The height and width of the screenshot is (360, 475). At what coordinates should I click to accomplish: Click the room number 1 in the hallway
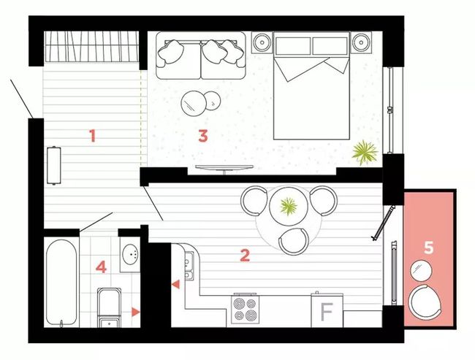pos(93,136)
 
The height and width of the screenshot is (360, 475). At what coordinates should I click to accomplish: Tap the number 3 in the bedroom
pos(203,136)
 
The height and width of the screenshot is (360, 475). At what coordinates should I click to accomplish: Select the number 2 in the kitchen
pos(245,256)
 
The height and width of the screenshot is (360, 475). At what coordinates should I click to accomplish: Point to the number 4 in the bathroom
pos(101,267)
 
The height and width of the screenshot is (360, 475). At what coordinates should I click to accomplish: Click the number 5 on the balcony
pos(428,248)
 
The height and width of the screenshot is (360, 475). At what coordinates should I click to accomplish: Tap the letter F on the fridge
pos(327,312)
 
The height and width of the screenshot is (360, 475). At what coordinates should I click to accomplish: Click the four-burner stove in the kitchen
pos(245,309)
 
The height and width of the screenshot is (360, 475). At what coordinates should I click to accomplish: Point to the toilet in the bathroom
pos(109,307)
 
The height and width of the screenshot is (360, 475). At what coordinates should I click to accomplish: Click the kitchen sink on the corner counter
pos(189,266)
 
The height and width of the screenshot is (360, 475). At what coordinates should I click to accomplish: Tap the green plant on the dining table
pos(289,207)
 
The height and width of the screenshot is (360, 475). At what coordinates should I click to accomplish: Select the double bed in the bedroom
pos(311,86)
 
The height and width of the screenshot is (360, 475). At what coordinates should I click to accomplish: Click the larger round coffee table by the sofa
pos(193,103)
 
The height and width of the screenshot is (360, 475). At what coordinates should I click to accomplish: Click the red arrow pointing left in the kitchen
pos(175,284)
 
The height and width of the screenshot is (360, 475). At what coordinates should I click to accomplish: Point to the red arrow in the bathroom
pos(135,312)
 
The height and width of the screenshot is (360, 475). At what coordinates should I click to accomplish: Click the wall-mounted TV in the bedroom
pos(224,168)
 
